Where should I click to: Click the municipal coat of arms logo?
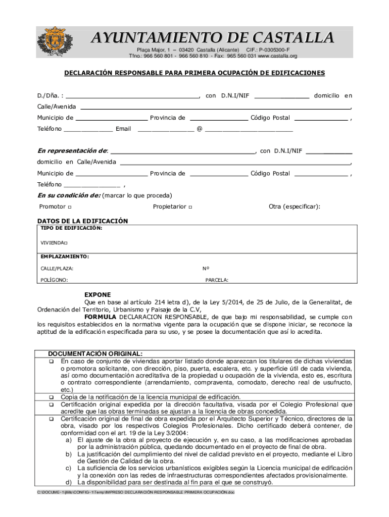58,42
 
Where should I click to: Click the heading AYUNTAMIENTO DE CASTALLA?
212,38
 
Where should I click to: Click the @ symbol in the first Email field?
200,129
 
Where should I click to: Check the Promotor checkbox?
69,208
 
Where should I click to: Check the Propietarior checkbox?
189,208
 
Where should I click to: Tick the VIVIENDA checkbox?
66,243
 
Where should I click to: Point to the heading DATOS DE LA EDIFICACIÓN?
83,221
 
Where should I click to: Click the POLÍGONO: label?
55,280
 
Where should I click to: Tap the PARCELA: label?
217,280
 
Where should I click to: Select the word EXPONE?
98,295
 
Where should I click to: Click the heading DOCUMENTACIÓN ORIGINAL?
95,354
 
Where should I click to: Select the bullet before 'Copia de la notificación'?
51,397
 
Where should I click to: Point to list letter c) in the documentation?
68,469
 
